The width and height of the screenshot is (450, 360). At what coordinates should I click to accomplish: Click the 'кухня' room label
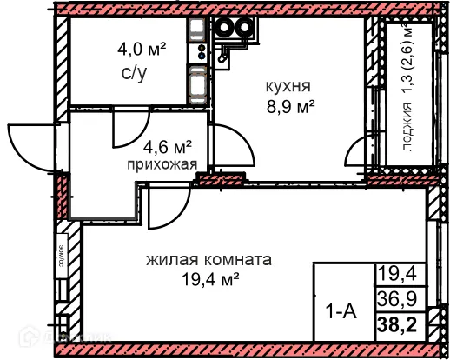[287, 86]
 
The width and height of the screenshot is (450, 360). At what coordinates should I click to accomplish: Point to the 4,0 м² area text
[142, 47]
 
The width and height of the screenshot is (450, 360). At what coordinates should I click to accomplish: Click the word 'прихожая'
[156, 163]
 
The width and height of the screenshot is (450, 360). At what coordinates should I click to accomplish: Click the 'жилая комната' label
[208, 259]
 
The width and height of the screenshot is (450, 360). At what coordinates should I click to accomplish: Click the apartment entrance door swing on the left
[30, 144]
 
